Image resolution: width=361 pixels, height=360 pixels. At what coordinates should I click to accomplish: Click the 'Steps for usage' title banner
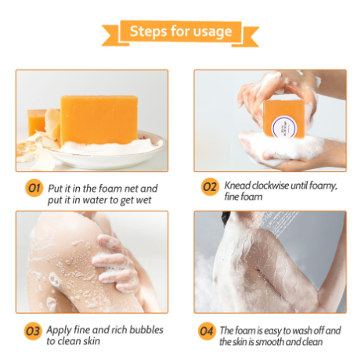click(180, 32)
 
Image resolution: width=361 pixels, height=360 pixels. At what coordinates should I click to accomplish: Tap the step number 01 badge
click(33, 188)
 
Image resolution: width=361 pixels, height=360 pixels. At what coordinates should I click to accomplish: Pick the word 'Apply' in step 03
click(60, 329)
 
